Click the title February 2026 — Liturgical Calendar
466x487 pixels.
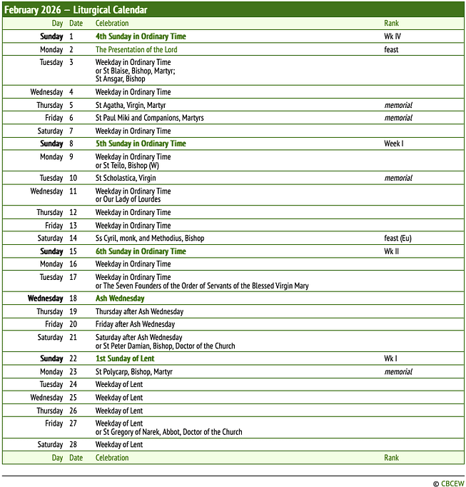[76, 10]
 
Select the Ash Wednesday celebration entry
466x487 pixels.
[120, 298]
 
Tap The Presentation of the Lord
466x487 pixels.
[136, 50]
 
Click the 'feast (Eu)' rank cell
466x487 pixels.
[397, 239]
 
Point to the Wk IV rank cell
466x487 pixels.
[393, 36]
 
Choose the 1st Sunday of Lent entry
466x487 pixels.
[125, 358]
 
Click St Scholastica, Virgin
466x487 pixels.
[126, 178]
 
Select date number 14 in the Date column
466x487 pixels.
[73, 239]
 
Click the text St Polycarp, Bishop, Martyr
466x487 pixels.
[134, 372]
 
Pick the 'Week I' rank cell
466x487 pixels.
[394, 144]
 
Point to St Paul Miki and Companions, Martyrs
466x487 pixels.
[150, 118]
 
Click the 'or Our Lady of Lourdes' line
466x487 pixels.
[128, 199]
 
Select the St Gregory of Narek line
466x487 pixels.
[169, 432]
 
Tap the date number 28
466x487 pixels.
[73, 445]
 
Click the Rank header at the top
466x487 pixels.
[392, 24]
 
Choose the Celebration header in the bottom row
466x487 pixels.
[112, 458]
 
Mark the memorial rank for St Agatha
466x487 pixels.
[398, 105]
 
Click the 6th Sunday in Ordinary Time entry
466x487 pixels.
[141, 251]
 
